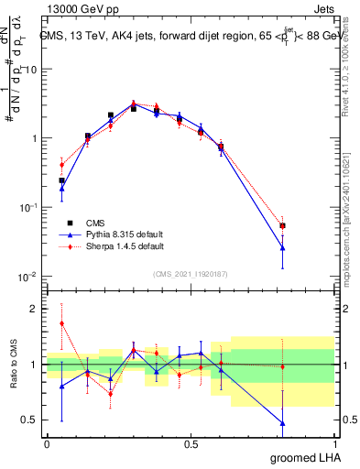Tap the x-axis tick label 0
47,442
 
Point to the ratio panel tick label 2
34,309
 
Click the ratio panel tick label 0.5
29,420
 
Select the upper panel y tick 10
31,70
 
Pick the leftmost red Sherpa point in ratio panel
61,323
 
